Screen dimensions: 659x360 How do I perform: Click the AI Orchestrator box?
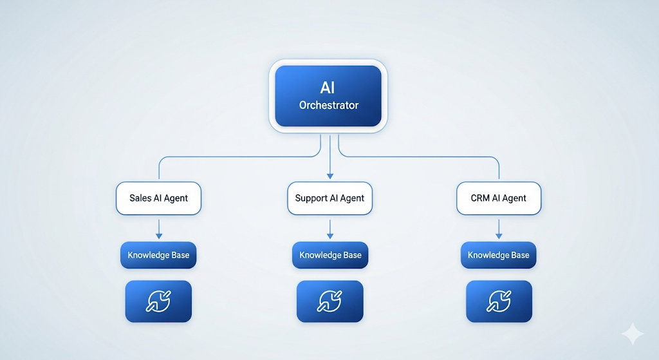328,96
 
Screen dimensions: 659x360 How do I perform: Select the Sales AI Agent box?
158,198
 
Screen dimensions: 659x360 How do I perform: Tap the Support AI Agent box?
330,198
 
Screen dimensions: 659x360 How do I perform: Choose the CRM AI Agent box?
499,198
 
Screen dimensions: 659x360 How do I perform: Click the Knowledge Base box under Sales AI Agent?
158,255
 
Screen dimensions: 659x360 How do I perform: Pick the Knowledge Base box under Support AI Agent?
330,255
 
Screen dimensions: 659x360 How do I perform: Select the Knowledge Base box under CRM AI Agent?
499,255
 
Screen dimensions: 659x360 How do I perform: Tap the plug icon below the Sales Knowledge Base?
158,301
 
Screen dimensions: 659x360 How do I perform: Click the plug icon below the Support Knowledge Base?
330,301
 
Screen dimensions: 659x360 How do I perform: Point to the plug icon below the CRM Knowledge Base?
499,301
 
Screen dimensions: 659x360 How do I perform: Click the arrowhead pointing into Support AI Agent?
330,176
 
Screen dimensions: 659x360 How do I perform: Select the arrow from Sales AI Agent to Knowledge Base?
159,229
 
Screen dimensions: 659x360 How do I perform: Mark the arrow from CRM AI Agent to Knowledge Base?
499,229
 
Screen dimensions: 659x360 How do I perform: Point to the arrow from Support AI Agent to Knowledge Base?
330,229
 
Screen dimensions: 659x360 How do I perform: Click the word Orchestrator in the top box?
329,105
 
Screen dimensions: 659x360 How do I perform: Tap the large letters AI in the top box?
328,88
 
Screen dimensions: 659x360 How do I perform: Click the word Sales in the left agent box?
140,198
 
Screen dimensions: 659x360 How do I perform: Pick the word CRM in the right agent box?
480,198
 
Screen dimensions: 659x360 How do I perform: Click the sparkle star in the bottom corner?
633,334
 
